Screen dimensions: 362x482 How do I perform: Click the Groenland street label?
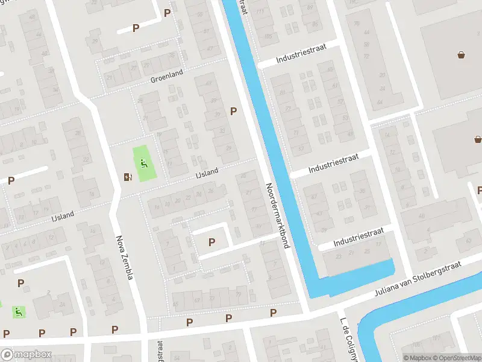click(x=166, y=79)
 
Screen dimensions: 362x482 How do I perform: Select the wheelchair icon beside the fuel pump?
click(x=143, y=163)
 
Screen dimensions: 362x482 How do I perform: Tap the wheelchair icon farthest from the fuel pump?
click(x=19, y=312)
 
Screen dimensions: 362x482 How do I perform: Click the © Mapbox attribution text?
click(x=418, y=358)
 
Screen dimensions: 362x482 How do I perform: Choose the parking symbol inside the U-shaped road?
click(x=211, y=242)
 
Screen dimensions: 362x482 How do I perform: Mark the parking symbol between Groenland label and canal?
click(x=233, y=111)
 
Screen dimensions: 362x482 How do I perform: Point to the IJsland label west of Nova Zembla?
click(x=61, y=215)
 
